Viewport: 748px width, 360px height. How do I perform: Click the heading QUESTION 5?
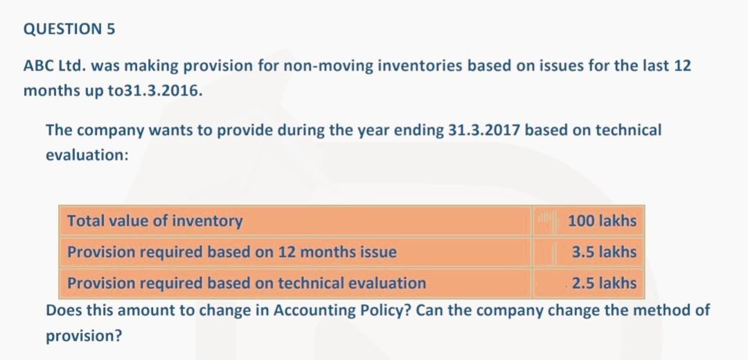tap(69, 29)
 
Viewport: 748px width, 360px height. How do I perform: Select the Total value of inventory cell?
tap(155, 221)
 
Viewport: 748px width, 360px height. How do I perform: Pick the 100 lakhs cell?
tap(601, 221)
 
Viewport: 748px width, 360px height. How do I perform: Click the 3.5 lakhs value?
tap(604, 252)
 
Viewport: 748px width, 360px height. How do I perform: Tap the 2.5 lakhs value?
tap(604, 283)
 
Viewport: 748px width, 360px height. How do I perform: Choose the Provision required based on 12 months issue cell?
tap(232, 252)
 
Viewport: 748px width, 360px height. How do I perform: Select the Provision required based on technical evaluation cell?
tap(247, 283)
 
